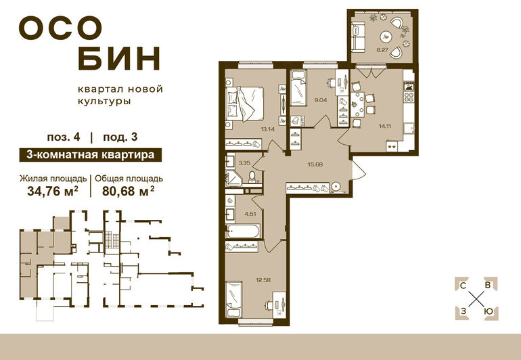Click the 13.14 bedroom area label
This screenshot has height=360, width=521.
(x=267, y=130)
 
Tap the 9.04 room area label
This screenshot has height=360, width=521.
(x=320, y=99)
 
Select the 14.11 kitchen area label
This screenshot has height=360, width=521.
(x=384, y=126)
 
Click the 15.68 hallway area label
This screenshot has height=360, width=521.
(x=315, y=164)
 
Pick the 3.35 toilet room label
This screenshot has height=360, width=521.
(x=244, y=163)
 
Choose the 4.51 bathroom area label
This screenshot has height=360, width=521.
(x=250, y=214)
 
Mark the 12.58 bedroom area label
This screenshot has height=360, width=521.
(x=263, y=280)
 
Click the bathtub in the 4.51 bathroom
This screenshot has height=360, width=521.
(x=243, y=231)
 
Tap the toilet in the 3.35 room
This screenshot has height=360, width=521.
(x=252, y=177)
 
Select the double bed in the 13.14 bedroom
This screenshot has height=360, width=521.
(x=245, y=104)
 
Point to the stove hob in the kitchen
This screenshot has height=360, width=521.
(x=409, y=97)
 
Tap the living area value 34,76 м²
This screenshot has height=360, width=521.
(x=53, y=191)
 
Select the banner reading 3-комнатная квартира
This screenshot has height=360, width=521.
(x=91, y=155)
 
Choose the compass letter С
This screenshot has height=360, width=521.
(x=463, y=285)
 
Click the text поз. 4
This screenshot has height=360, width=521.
(x=64, y=137)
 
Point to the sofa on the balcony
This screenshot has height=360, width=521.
(x=358, y=37)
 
